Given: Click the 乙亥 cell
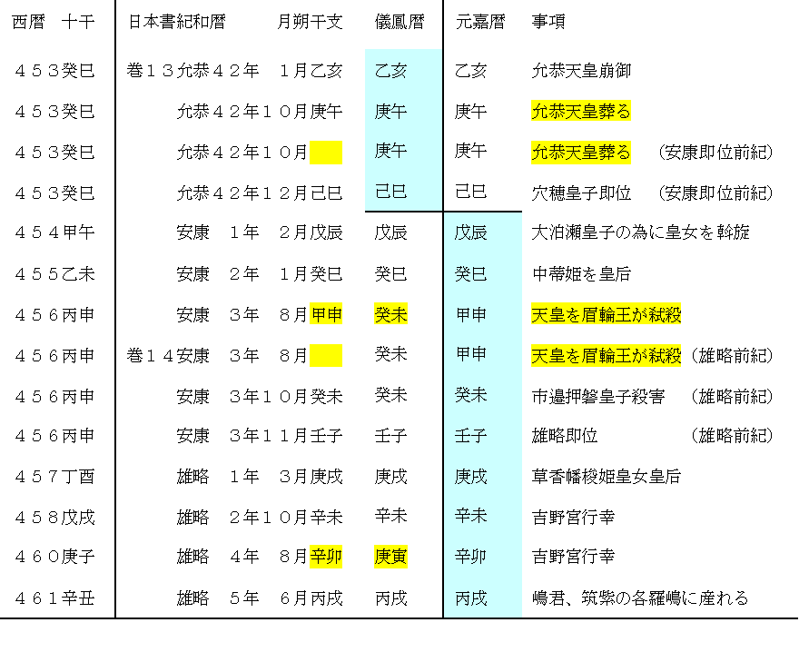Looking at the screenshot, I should [x=390, y=71].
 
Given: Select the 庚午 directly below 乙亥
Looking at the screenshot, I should [x=390, y=112].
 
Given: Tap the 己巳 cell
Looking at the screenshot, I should [x=390, y=192].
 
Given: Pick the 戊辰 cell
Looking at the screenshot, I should [x=470, y=232].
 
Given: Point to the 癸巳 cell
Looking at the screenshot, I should [x=470, y=273].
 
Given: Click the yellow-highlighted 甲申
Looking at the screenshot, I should [x=326, y=315].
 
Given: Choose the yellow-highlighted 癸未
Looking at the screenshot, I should [x=390, y=315].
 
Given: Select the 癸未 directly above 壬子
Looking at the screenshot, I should [x=470, y=395].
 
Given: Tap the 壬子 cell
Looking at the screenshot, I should [x=470, y=436].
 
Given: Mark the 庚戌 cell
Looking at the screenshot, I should [x=470, y=476].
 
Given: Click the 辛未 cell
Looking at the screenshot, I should [x=470, y=516].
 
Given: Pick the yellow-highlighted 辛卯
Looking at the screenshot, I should [x=326, y=558].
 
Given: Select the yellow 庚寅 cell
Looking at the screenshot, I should [x=390, y=558].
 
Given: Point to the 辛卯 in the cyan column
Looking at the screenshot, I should [x=470, y=557].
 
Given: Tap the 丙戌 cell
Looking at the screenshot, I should [x=470, y=598].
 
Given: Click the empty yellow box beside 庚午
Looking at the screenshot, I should [x=326, y=153].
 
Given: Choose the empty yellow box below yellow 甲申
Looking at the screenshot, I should [x=326, y=356].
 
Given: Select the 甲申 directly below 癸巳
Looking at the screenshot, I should [x=470, y=315].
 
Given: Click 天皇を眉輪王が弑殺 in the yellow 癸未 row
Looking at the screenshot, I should [x=606, y=315].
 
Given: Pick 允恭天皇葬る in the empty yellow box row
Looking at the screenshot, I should [x=580, y=153].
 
